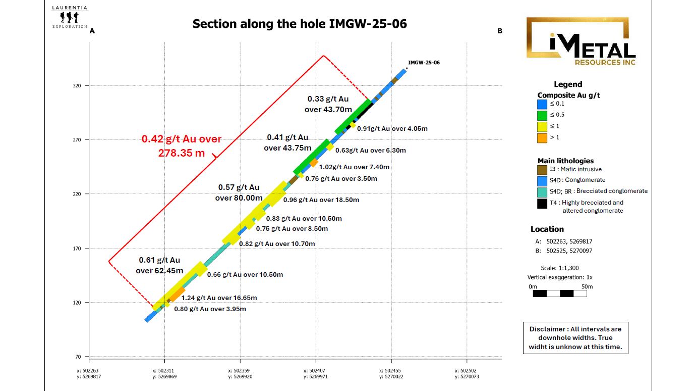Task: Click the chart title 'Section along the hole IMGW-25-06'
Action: click(300, 24)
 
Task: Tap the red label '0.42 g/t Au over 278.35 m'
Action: click(182, 145)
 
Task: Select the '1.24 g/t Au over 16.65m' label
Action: click(219, 298)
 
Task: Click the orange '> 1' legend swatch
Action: click(542, 137)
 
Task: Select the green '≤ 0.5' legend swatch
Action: click(542, 115)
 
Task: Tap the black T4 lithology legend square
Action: click(542, 204)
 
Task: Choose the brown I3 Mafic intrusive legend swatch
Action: click(542, 170)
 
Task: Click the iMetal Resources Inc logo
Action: click(581, 41)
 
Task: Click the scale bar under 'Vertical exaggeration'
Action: click(560, 294)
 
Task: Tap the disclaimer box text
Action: click(575, 338)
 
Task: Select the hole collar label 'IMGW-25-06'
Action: click(424, 63)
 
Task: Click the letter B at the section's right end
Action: click(500, 31)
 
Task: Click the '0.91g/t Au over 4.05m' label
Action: click(392, 129)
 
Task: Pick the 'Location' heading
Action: click(547, 229)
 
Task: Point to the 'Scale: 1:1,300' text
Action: click(560, 268)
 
